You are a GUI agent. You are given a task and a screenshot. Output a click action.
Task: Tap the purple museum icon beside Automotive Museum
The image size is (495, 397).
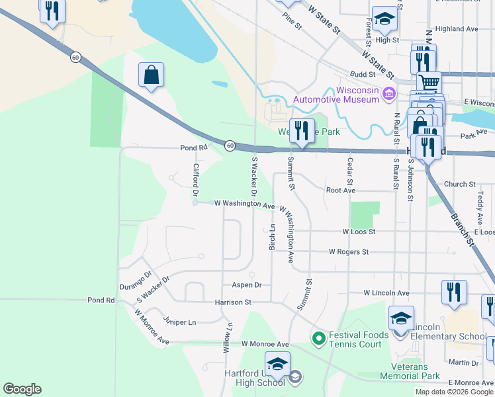[x=389, y=95]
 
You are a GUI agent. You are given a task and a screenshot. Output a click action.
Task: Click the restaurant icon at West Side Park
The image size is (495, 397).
[x=302, y=131]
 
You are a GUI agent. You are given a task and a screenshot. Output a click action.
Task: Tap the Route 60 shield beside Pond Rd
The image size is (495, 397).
[x=229, y=146]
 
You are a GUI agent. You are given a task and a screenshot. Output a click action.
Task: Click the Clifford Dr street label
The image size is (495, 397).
[x=196, y=181]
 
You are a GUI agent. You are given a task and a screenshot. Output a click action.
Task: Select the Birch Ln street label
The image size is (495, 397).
[x=272, y=236]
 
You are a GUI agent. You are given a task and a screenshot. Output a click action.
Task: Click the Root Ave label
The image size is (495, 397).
[x=341, y=190]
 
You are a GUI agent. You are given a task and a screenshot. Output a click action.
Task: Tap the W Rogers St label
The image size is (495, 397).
[x=348, y=252]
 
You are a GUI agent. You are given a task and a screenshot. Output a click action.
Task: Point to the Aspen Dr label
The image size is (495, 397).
[x=247, y=285]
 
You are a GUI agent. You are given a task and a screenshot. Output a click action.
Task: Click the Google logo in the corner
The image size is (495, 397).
[x=22, y=389]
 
